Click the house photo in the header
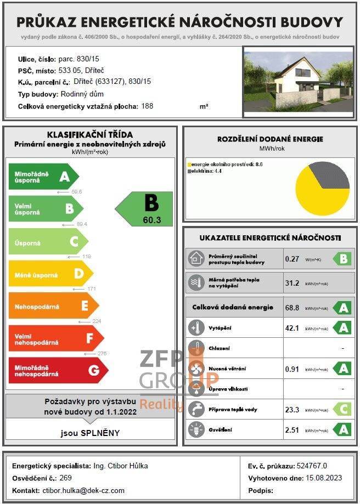point(298,82)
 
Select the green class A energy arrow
point(43,177)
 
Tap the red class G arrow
point(58,370)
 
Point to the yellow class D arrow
point(49,273)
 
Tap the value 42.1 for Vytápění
point(292,328)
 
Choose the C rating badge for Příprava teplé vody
point(343,409)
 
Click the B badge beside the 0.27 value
point(343,259)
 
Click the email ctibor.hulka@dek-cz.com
point(83,490)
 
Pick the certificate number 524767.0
point(315,466)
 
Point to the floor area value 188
point(147,106)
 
